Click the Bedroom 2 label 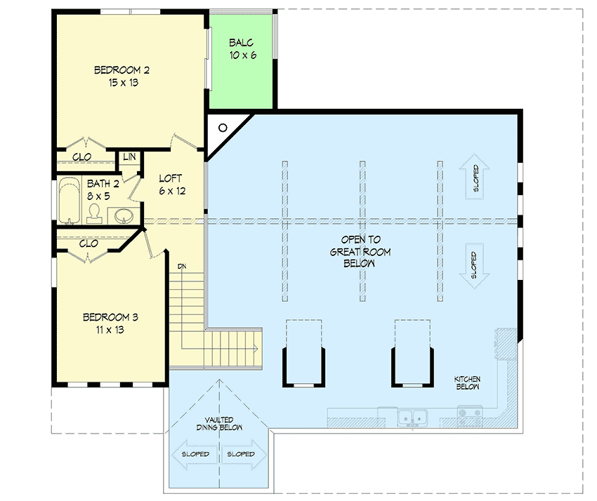pos(122,76)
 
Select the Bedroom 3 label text pos(110,323)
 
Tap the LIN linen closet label pos(129,156)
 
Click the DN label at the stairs pos(182,266)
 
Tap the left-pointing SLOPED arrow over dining pos(193,454)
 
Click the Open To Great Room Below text pos(360,251)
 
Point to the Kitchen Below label pos(466,382)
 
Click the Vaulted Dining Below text pos(219,423)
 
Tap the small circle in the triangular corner pos(222,128)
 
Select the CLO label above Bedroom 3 pos(88,244)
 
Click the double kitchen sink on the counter pos(414,417)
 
